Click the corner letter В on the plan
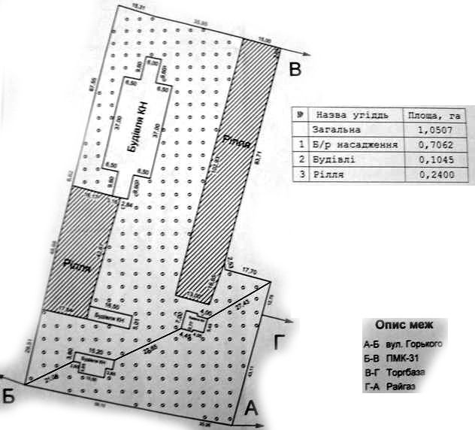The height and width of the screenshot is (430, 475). [295, 71]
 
